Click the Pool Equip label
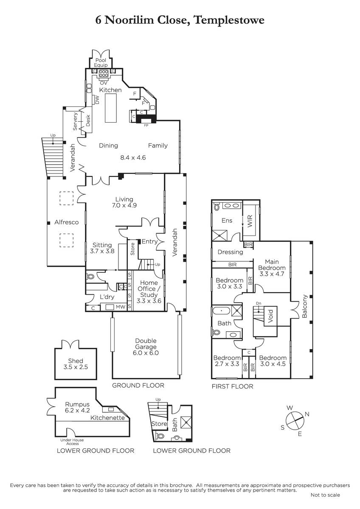click(x=101, y=63)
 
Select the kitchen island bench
click(x=111, y=108)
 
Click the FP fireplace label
click(x=146, y=125)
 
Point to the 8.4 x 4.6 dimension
click(x=133, y=157)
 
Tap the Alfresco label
click(x=66, y=222)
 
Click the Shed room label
click(x=76, y=361)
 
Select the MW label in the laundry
click(x=121, y=307)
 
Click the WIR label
click(x=250, y=221)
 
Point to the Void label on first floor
click(x=270, y=316)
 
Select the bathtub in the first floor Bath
click(x=222, y=310)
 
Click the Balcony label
click(x=304, y=306)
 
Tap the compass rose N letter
click(x=307, y=414)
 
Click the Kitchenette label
click(x=107, y=418)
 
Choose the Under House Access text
click(x=72, y=442)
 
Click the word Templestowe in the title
click(x=230, y=20)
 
